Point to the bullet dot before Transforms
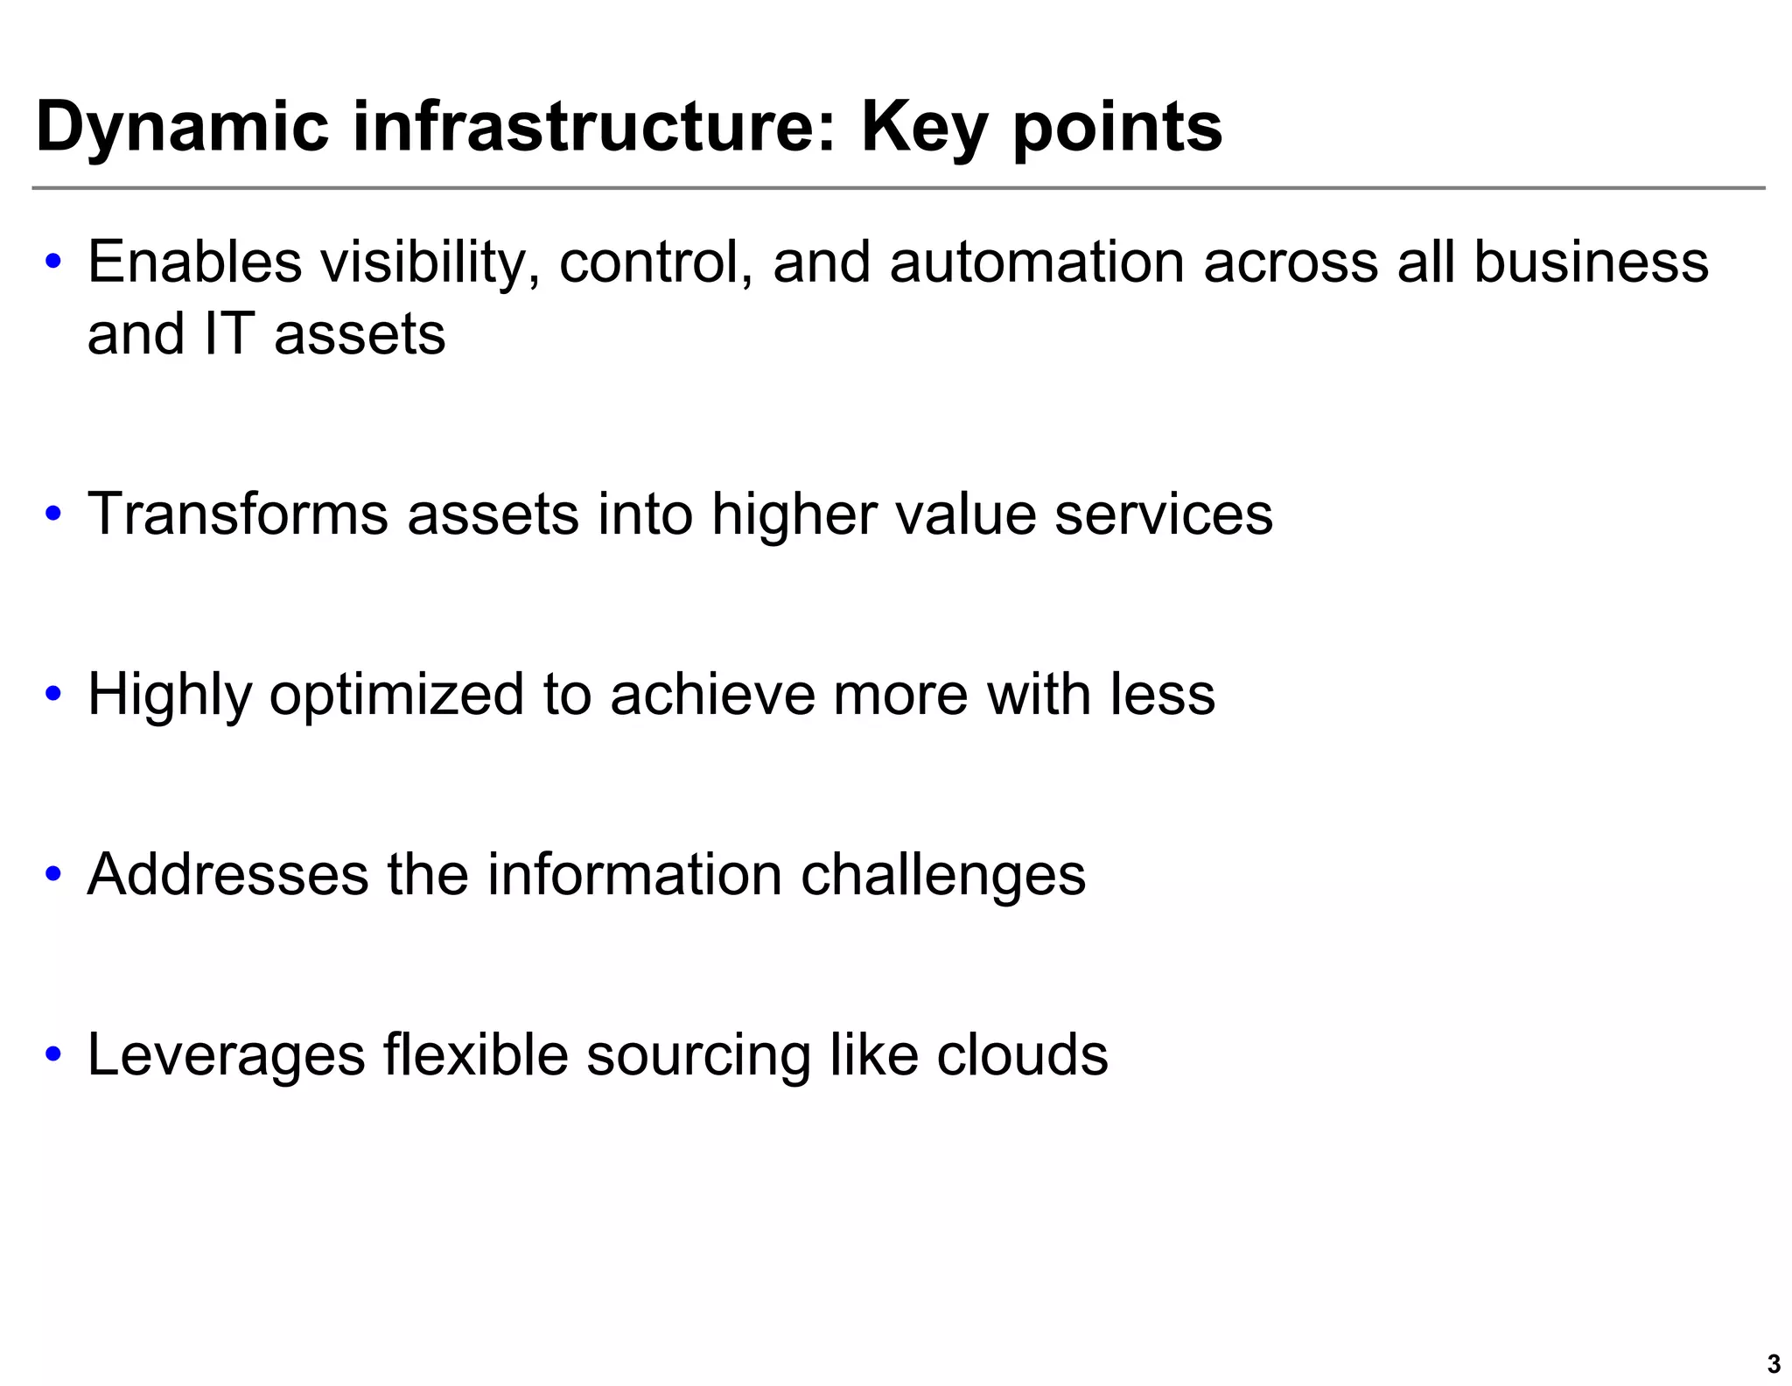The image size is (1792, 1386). (54, 514)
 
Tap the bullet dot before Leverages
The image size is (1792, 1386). (54, 1054)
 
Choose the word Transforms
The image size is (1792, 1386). (237, 514)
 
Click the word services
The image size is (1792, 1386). (1163, 514)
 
